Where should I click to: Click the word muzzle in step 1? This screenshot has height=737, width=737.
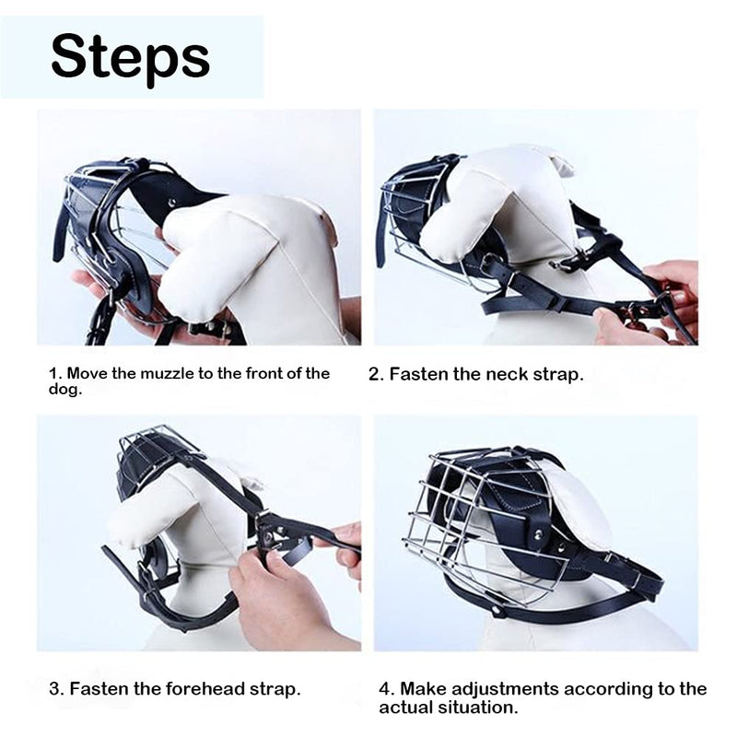click(167, 374)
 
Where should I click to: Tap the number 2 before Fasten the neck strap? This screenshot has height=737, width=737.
click(374, 375)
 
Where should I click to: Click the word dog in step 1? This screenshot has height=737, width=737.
click(64, 390)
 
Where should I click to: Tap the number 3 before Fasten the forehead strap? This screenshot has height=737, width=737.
click(55, 689)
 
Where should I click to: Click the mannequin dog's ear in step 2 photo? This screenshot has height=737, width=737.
click(555, 163)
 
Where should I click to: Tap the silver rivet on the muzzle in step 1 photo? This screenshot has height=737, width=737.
click(173, 202)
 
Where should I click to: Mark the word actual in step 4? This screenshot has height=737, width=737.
click(406, 708)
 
